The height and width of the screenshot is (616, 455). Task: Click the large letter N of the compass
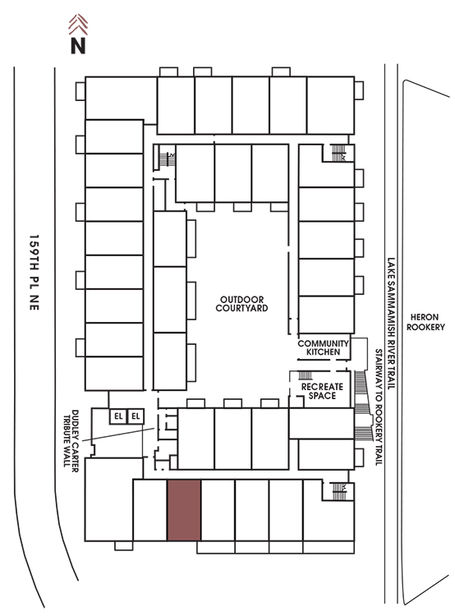point(78,45)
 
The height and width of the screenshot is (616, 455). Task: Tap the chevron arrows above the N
point(78,25)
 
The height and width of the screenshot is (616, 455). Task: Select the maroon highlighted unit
point(184,510)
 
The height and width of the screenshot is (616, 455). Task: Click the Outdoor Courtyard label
point(241,304)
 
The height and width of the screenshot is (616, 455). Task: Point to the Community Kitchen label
point(323,347)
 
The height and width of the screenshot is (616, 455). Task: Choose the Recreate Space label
point(322,391)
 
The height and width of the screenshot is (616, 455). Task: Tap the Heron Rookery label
point(425,322)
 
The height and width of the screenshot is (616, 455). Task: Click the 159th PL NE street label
point(34,273)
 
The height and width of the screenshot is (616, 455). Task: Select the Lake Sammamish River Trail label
point(391,324)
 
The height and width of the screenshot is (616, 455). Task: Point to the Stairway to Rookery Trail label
point(379,407)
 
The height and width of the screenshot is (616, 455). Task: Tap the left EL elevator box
point(118,416)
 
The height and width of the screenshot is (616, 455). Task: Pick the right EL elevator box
point(136,416)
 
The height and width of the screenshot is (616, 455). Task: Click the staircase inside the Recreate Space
point(306,375)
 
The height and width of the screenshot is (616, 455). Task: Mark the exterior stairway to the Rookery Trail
point(363,405)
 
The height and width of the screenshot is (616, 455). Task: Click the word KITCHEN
point(323,352)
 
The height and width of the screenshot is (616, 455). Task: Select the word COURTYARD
point(241,308)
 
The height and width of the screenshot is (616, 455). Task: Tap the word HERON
point(425,317)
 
